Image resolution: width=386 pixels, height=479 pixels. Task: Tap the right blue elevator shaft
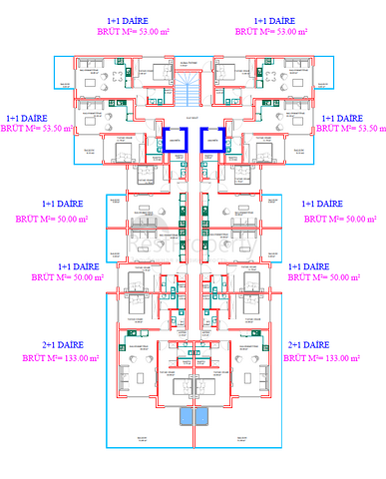click(211, 141)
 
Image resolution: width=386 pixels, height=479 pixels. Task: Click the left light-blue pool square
click(187, 416)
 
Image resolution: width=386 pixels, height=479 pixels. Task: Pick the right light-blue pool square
click(200, 416)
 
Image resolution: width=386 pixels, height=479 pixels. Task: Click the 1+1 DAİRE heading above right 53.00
click(274, 20)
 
